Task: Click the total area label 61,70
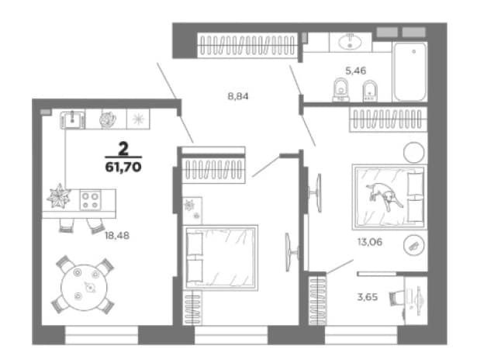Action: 123,167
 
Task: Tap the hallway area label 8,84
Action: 238,96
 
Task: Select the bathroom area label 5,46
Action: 356,71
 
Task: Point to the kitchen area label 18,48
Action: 117,235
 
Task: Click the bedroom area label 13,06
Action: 370,242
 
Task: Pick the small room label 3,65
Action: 368,296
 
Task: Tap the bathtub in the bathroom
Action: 410,71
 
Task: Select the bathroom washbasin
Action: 350,42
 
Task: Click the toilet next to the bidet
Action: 341,89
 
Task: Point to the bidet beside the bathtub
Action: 370,91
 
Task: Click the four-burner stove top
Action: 90,200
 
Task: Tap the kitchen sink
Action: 72,120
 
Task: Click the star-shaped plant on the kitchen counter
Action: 59,196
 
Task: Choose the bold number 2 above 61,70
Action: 123,149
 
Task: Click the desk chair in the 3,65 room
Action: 396,298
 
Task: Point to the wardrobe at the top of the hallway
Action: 247,45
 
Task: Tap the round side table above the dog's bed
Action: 413,153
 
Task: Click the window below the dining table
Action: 102,335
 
